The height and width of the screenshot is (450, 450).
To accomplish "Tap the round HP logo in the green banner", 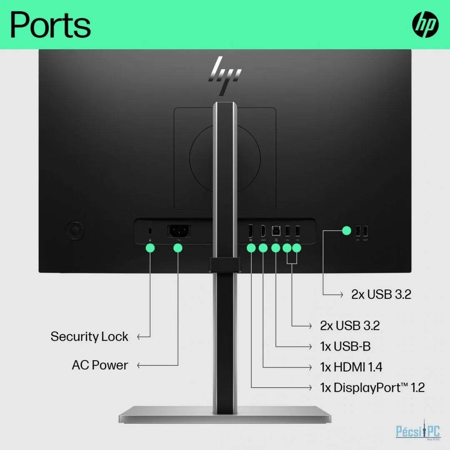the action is click(425, 25).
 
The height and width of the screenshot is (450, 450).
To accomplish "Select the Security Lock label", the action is click(89, 337).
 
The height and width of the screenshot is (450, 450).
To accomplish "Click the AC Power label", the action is click(100, 365).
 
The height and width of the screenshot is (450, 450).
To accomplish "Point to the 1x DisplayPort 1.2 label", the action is click(372, 388).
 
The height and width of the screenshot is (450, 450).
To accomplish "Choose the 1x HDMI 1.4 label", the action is click(351, 367).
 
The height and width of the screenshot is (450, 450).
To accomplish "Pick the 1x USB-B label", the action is click(345, 346).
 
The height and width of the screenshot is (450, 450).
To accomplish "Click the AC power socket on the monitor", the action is click(179, 231).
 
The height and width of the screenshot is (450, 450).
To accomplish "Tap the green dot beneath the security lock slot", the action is click(150, 248).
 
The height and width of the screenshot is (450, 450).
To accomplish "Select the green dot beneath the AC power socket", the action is click(178, 248).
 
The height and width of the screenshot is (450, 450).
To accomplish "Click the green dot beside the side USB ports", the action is click(347, 230).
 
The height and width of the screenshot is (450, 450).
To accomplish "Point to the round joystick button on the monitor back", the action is click(75, 230).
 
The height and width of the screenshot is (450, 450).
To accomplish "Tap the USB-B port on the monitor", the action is click(276, 231).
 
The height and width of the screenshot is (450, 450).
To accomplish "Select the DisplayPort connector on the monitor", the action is click(250, 231).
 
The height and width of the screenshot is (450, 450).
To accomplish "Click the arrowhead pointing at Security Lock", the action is click(139, 337).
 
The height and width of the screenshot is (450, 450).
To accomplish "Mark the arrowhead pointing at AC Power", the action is click(139, 365).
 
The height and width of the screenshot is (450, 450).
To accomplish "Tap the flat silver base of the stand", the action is click(225, 415).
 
